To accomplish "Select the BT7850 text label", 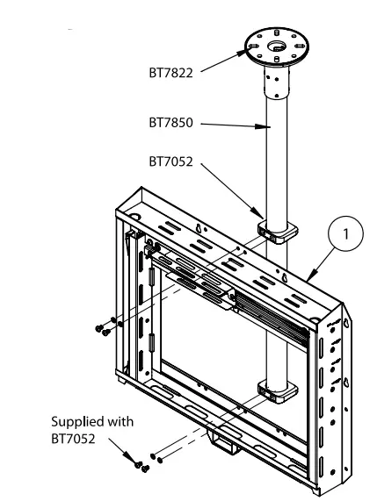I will click(171, 125).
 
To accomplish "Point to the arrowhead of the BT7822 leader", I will click(247, 52).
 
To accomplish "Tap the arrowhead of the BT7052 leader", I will click(260, 218).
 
